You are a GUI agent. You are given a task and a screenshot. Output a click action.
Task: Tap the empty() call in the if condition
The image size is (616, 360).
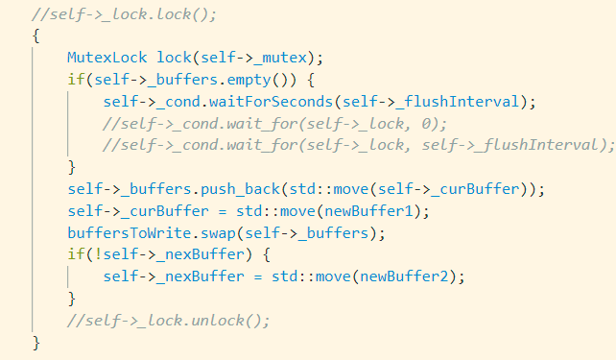[208, 80]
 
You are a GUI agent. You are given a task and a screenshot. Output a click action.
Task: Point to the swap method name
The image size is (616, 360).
[210, 232]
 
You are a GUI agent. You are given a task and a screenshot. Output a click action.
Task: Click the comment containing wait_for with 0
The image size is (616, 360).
[274, 123]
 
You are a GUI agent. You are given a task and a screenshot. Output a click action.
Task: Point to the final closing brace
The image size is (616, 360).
[36, 343]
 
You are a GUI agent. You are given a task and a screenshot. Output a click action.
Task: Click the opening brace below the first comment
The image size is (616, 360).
[36, 36]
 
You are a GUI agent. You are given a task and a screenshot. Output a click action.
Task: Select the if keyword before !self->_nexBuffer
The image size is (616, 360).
[74, 254]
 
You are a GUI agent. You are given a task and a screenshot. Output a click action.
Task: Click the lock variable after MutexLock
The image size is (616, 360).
[173, 59]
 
